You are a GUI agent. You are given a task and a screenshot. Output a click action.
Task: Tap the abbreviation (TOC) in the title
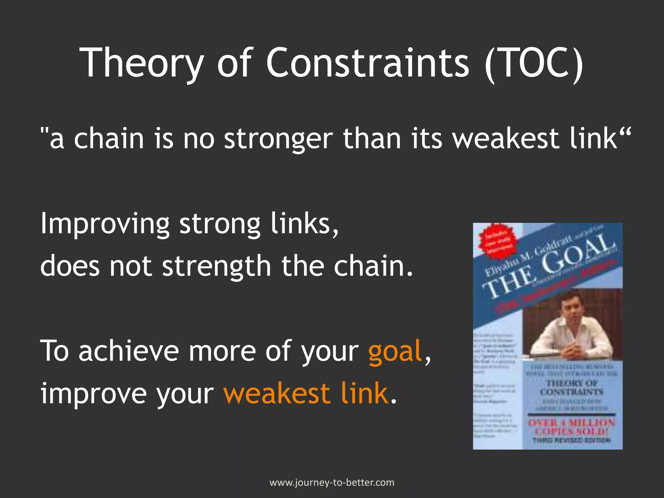[x=533, y=63]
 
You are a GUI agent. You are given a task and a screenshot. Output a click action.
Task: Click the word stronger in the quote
[x=279, y=139]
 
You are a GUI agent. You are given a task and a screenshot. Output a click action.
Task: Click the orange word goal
[x=395, y=352]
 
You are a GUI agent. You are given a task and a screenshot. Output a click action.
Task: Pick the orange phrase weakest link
[x=306, y=394]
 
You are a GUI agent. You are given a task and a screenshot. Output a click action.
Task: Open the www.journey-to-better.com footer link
[x=332, y=482]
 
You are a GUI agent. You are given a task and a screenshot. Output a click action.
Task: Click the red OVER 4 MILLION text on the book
[x=572, y=423]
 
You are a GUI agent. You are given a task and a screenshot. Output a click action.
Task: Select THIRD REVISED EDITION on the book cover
[x=572, y=440]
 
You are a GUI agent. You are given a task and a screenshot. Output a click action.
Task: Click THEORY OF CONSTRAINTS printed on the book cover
[x=572, y=388]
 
